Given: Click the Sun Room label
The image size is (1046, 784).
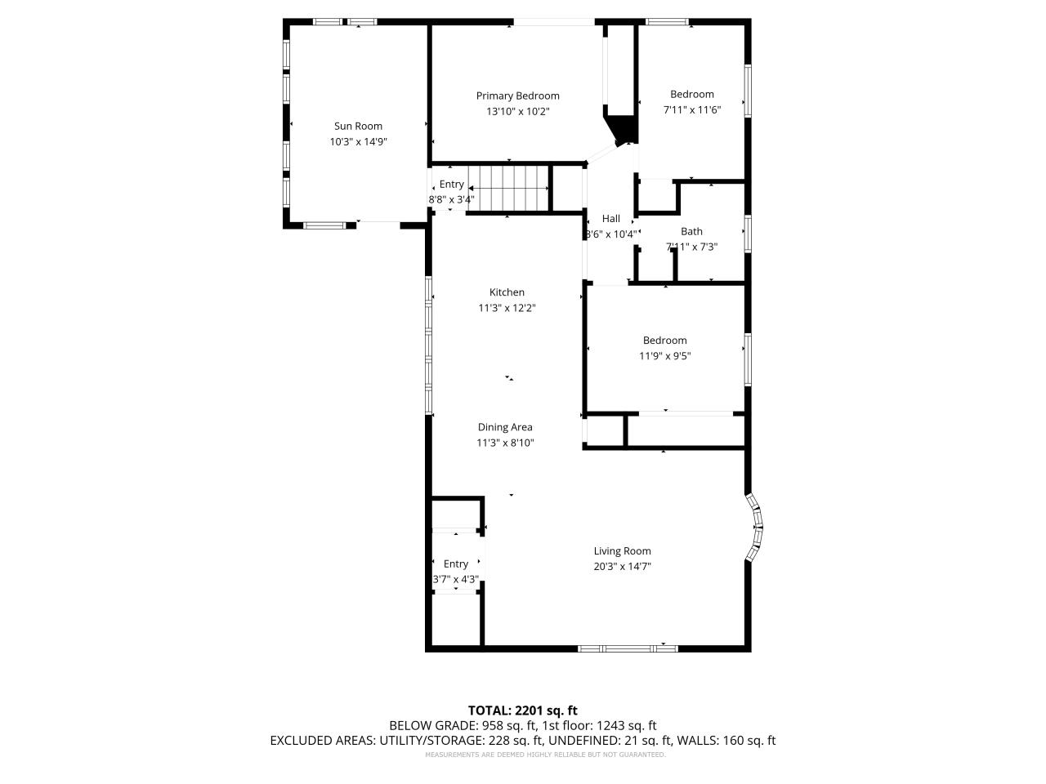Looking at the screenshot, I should [358, 126].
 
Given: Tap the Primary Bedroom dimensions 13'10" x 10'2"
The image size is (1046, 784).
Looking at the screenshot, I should [517, 111].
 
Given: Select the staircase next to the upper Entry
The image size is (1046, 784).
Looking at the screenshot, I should [512, 189].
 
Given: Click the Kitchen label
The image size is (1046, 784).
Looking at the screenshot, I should [507, 292].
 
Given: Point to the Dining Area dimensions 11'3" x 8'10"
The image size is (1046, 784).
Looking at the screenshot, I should [505, 443].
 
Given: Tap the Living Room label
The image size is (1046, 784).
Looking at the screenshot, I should [622, 551].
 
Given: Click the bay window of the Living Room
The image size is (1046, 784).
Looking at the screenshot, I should [756, 527].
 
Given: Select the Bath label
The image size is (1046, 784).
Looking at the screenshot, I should [691, 231].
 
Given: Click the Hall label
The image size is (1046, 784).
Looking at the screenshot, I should [611, 219].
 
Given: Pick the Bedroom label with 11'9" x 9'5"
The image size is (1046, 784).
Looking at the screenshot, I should [664, 341].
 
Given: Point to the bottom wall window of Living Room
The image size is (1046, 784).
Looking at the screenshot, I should [628, 648].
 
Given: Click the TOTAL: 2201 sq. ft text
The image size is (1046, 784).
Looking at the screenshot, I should [522, 710].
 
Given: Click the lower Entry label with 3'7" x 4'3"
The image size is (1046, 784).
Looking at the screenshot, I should [456, 563].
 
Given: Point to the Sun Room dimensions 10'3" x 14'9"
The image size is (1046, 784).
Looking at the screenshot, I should [358, 141].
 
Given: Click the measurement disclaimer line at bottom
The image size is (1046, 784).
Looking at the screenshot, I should [545, 755].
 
